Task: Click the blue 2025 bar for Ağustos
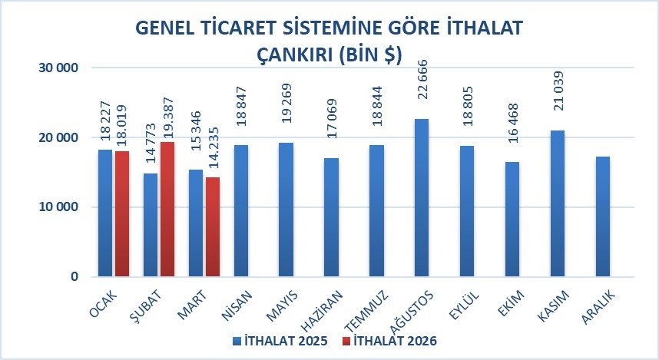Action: pyautogui.click(x=422, y=198)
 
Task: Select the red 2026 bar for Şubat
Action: pyautogui.click(x=167, y=210)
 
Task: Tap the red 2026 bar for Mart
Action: pyautogui.click(x=213, y=227)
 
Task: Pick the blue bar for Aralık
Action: pyautogui.click(x=603, y=216)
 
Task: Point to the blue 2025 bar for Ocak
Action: pyautogui.click(x=105, y=213)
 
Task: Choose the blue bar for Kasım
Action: pyautogui.click(x=558, y=203)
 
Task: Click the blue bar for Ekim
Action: pyautogui.click(x=512, y=220)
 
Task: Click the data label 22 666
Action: pyautogui.click(x=422, y=79)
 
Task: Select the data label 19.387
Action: pyautogui.click(x=168, y=119)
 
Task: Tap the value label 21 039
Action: pyautogui.click(x=558, y=91)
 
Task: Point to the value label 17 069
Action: pyautogui.click(x=331, y=118)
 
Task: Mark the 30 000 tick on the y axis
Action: pyautogui.click(x=58, y=68)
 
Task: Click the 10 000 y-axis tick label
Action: pyautogui.click(x=58, y=207)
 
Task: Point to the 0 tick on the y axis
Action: pyautogui.click(x=75, y=277)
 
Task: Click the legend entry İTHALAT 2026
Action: pyautogui.click(x=390, y=341)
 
